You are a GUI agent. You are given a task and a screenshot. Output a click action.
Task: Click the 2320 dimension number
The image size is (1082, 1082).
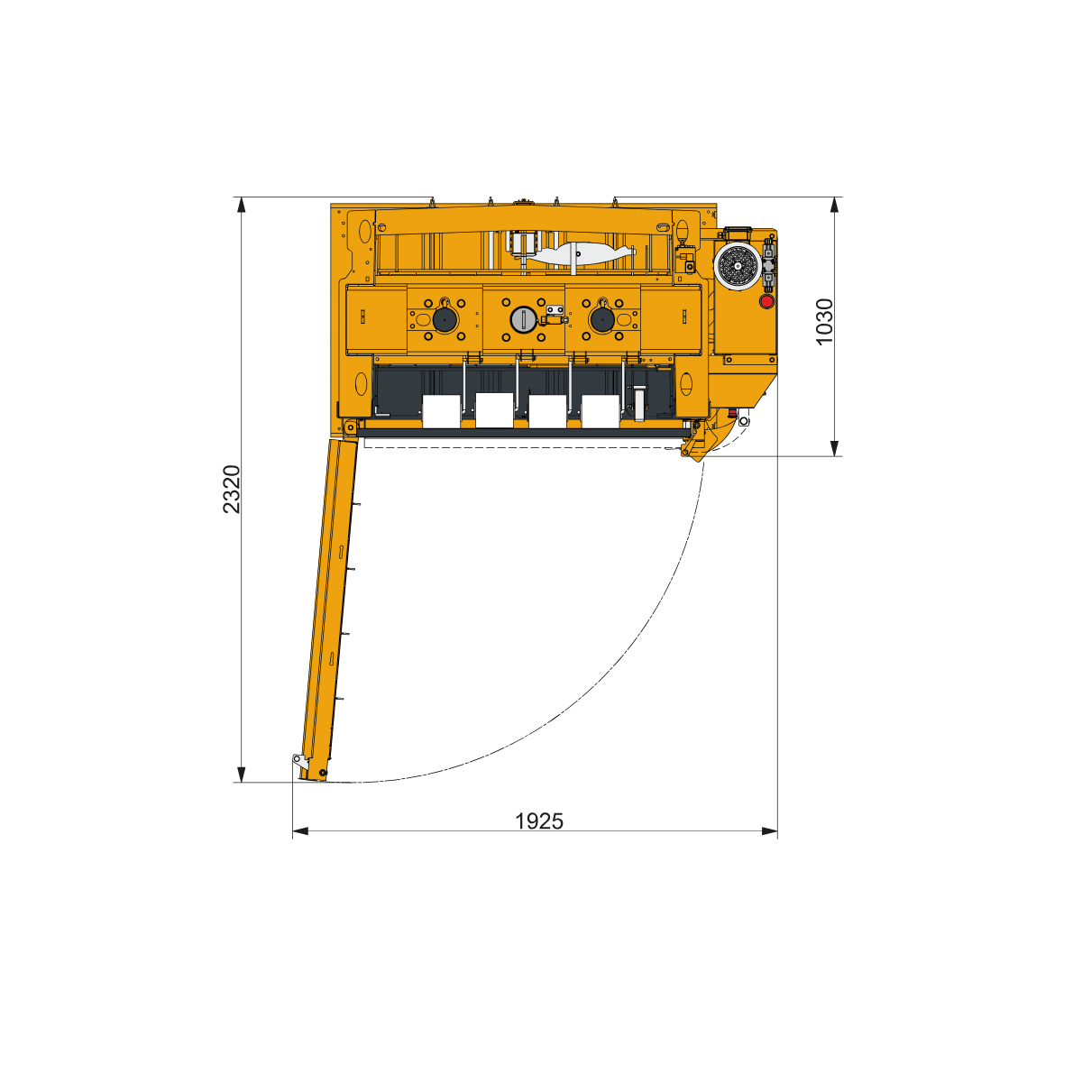[x=232, y=489]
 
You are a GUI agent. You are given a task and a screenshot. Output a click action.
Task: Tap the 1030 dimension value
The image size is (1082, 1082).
[x=824, y=322]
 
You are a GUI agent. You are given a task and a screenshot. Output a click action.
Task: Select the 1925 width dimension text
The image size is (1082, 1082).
[x=539, y=821]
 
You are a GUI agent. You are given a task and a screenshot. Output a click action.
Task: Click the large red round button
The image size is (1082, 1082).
[x=766, y=301]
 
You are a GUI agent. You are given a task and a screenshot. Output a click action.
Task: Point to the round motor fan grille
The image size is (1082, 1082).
[x=738, y=267]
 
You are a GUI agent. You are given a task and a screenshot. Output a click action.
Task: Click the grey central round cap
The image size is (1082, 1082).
[x=523, y=319]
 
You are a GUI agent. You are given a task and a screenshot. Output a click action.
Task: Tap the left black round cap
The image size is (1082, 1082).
[x=445, y=319]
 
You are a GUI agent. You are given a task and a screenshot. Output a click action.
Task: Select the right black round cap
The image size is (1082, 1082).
[x=602, y=319]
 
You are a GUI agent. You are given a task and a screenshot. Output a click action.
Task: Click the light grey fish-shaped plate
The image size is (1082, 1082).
[x=582, y=253]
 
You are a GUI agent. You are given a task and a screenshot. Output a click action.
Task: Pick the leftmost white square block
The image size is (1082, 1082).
[x=441, y=411]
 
